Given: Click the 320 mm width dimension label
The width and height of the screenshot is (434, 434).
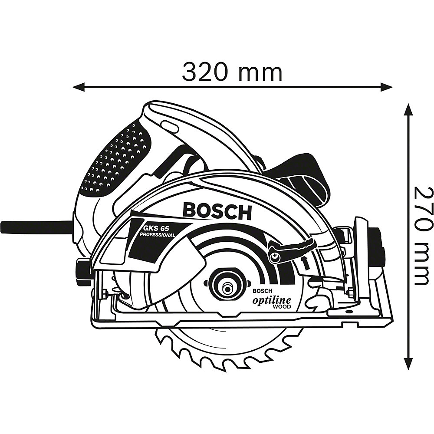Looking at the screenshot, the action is click(232, 72).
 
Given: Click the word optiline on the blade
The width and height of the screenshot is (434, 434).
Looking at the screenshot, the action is click(271, 300).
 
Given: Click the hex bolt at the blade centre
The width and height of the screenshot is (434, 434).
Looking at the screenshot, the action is click(227, 289).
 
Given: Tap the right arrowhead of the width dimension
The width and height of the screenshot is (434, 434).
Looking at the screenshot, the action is click(387, 88).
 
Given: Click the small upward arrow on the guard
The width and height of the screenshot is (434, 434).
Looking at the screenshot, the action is click(306, 263).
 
